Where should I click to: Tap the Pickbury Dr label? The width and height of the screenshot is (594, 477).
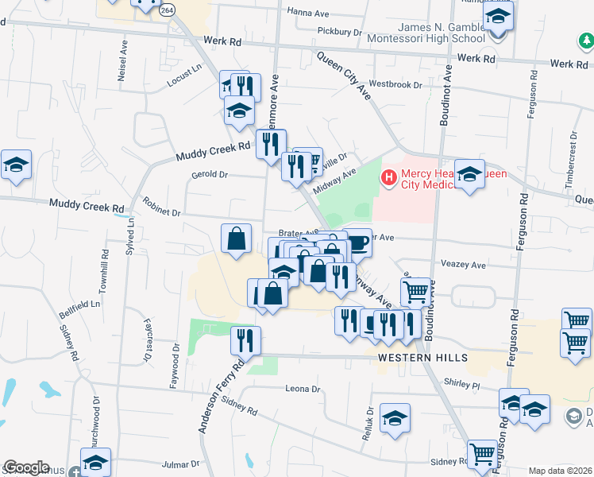coord(339,33)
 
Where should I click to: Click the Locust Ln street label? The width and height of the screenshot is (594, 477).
coord(185,75)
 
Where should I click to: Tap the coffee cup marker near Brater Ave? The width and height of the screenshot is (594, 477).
coord(358,242)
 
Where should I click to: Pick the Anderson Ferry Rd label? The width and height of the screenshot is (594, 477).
coord(220,397)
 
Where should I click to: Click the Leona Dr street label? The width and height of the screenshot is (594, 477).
coord(302,389)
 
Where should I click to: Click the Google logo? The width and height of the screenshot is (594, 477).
coord(26,467)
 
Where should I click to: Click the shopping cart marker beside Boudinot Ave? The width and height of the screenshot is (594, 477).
coord(415,292)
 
